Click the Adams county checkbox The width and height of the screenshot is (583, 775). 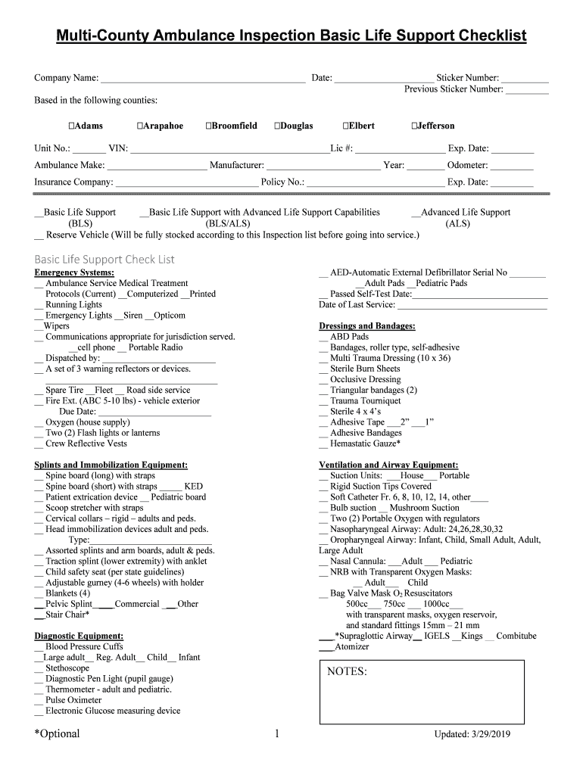pyautogui.click(x=70, y=126)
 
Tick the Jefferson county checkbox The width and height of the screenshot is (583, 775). pyautogui.click(x=414, y=126)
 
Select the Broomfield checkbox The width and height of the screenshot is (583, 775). pyautogui.click(x=209, y=126)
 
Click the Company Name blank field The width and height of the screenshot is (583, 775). pyautogui.click(x=203, y=79)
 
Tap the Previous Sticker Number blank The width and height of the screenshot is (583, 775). pyautogui.click(x=527, y=90)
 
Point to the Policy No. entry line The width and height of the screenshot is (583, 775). pyautogui.click(x=376, y=182)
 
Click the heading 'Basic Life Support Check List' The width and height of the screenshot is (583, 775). pyautogui.click(x=104, y=260)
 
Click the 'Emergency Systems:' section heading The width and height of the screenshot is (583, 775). pyautogui.click(x=75, y=272)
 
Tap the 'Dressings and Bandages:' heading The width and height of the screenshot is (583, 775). pyautogui.click(x=367, y=326)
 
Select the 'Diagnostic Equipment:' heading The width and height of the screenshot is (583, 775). pyautogui.click(x=79, y=636)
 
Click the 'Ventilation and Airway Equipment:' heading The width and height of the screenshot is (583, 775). pyautogui.click(x=388, y=465)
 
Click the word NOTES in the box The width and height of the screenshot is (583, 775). pyautogui.click(x=347, y=672)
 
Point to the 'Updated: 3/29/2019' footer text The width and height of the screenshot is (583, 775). pyautogui.click(x=472, y=735)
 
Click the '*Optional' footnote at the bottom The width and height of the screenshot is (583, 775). pyautogui.click(x=57, y=733)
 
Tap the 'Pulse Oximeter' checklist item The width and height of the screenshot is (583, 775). pyautogui.click(x=73, y=700)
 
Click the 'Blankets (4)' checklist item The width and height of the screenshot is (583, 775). pyautogui.click(x=67, y=593)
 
